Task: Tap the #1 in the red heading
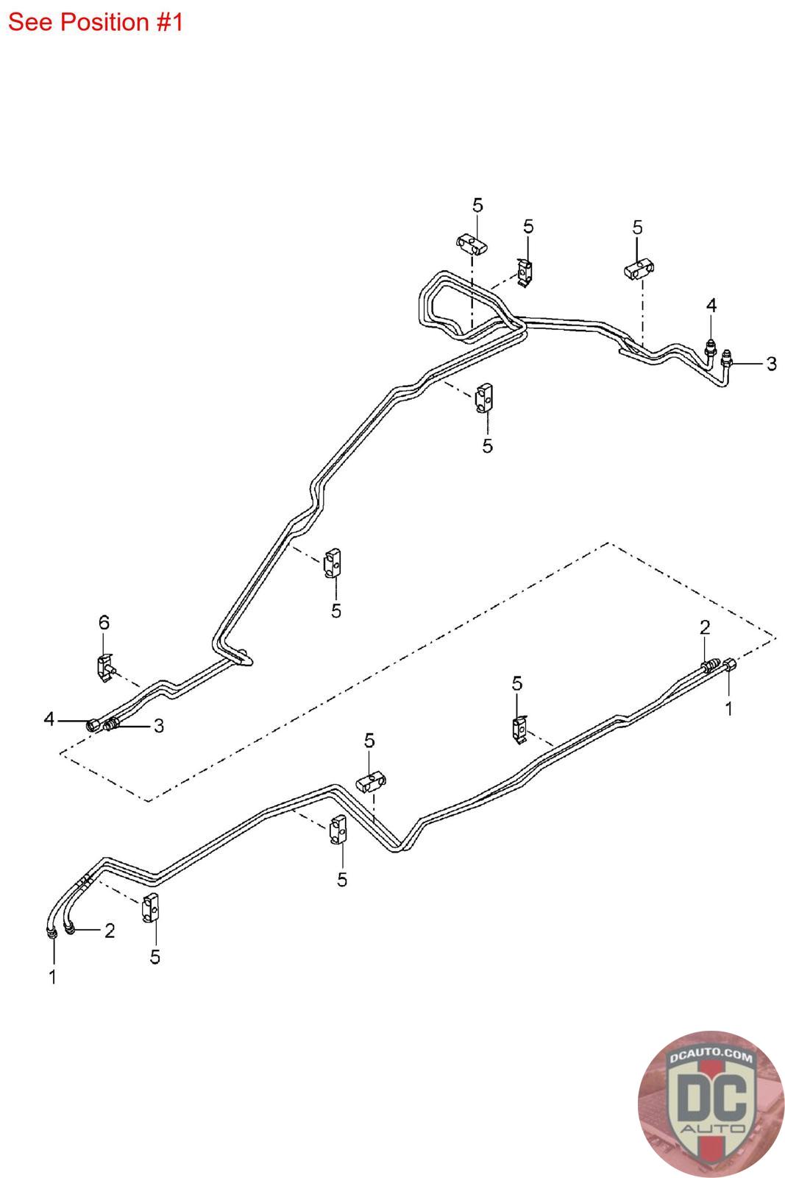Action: click(169, 22)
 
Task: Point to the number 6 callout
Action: click(104, 623)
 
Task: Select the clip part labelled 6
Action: click(104, 668)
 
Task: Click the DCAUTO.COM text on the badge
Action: click(711, 1058)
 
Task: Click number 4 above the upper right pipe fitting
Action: click(711, 306)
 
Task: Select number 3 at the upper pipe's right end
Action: click(771, 364)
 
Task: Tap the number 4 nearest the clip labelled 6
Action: click(49, 719)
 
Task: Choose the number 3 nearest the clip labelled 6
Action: click(158, 727)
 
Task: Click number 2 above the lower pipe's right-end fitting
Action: click(705, 627)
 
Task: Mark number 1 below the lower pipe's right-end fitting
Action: click(729, 709)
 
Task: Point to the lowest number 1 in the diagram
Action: click(52, 977)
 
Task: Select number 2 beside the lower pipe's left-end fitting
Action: click(110, 931)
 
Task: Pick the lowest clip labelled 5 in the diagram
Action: click(151, 906)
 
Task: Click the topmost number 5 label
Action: click(477, 205)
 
